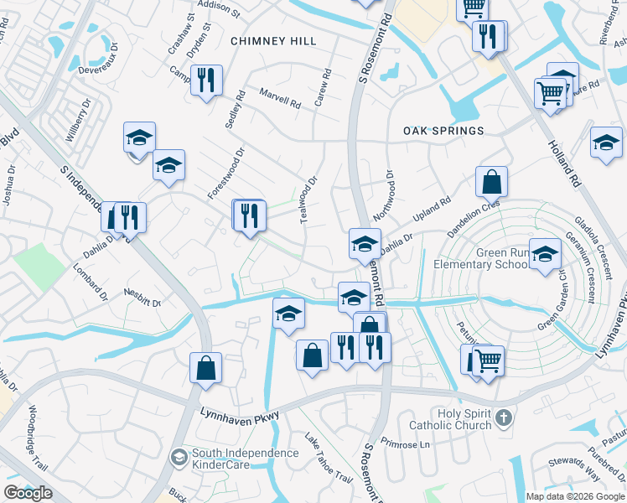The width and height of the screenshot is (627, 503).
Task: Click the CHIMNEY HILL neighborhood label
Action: pyautogui.click(x=273, y=41)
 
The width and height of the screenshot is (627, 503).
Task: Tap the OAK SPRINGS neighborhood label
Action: pyautogui.click(x=443, y=131)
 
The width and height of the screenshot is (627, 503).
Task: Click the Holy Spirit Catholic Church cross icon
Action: pyautogui.click(x=502, y=417)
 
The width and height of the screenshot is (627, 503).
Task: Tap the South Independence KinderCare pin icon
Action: pyautogui.click(x=179, y=457)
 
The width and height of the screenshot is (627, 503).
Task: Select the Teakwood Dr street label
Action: pyautogui.click(x=309, y=199)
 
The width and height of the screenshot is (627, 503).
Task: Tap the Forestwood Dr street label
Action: pyautogui.click(x=225, y=174)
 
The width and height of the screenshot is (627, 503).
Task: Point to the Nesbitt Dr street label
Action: pyautogui.click(x=142, y=298)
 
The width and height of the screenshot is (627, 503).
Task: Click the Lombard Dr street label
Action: pyautogui.click(x=91, y=284)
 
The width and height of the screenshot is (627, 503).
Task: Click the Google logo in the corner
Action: pyautogui.click(x=28, y=493)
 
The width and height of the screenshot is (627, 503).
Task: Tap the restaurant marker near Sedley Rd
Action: pyautogui.click(x=206, y=81)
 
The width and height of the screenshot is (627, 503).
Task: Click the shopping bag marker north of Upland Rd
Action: pyautogui.click(x=491, y=181)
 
